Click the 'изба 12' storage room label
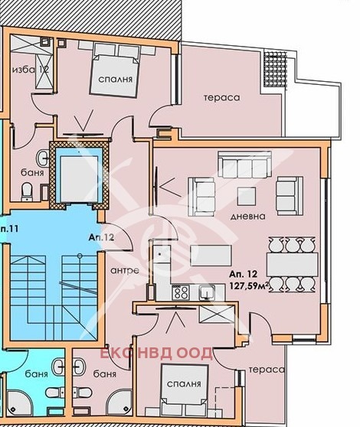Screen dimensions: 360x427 (31, 70)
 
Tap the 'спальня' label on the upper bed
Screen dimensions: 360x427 (115, 80)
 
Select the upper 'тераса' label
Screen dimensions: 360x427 (222, 97)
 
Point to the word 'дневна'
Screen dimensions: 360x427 (247, 217)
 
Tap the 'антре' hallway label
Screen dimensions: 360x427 (125, 270)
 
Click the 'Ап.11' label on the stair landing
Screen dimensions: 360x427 (9, 229)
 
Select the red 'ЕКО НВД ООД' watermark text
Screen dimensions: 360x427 (156, 354)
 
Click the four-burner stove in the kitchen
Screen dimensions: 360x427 (181, 292)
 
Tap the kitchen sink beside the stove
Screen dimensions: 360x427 (207, 293)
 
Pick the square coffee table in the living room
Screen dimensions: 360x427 (247, 196)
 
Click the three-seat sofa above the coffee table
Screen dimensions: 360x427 (245, 165)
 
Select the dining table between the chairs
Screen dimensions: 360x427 (293, 265)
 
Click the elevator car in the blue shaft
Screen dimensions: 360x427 (79, 179)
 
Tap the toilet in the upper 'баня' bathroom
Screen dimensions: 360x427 (27, 191)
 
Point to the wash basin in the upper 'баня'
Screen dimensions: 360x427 (42, 158)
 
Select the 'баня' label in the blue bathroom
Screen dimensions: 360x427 (36, 374)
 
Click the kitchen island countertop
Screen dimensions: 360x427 (211, 256)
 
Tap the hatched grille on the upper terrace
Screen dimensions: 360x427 (276, 69)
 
